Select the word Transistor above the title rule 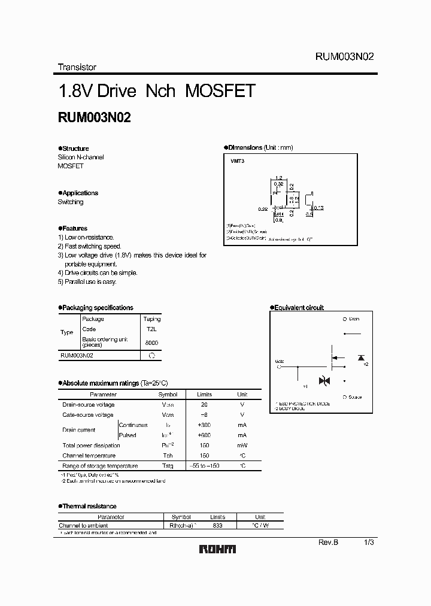point(77,67)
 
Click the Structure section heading point(75,149)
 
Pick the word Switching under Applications point(71,202)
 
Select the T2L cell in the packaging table point(151,329)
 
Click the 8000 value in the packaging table point(151,343)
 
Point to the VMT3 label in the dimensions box point(238,162)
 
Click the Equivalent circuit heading point(298,308)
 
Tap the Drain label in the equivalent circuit point(354,319)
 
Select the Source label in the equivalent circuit point(354,397)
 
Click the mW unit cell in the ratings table point(242,446)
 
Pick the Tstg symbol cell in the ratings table point(168,466)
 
